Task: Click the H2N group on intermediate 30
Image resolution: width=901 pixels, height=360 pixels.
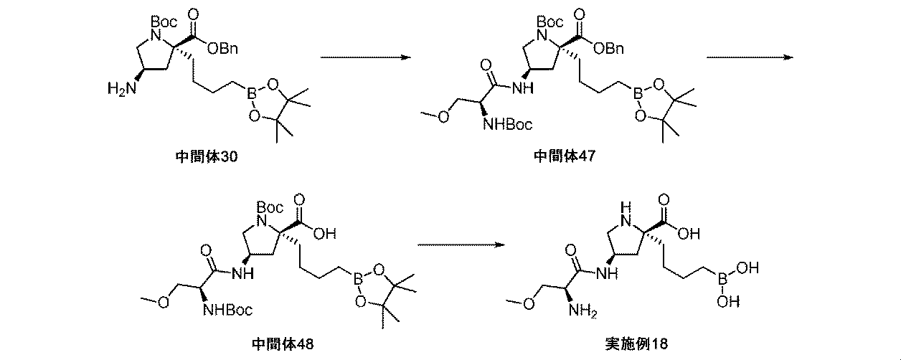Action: (x=117, y=88)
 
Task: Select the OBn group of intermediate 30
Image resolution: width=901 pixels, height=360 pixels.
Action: (x=223, y=47)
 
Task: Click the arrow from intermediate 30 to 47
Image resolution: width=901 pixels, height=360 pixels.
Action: (x=367, y=57)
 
